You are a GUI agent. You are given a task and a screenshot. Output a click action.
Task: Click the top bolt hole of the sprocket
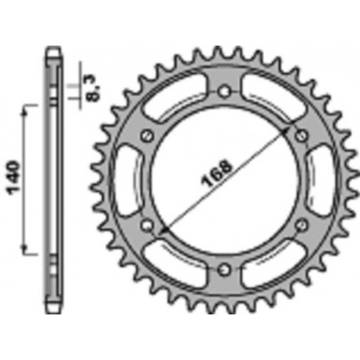225,91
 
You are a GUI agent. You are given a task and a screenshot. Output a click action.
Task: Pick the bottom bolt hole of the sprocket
225,271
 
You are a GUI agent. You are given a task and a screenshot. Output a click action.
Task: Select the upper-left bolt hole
147,136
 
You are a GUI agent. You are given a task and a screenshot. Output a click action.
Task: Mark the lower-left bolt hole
147,226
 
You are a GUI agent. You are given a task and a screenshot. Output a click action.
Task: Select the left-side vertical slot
129,181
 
